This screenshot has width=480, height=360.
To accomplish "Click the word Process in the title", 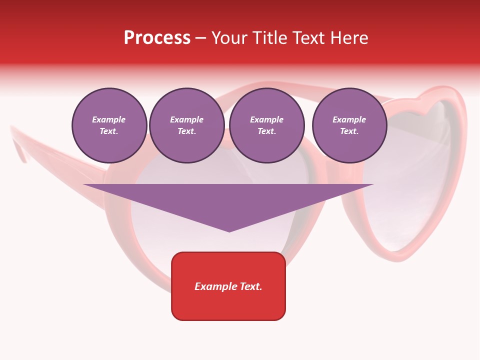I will tap(157, 38).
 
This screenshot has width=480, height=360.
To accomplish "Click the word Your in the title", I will tap(228, 38).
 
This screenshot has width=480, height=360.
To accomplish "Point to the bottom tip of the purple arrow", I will tap(229, 231).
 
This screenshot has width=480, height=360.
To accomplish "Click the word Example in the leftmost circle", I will tap(109, 119).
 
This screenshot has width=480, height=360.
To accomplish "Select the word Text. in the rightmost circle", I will tap(349, 131).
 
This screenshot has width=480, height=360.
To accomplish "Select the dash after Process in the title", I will tap(200, 38).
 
